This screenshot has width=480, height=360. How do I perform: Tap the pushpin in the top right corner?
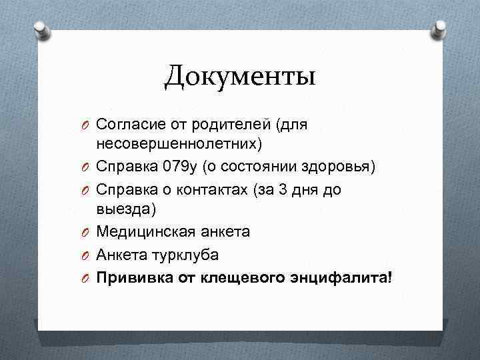click(x=440, y=29)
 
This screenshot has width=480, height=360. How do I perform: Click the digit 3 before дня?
click(x=283, y=189)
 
